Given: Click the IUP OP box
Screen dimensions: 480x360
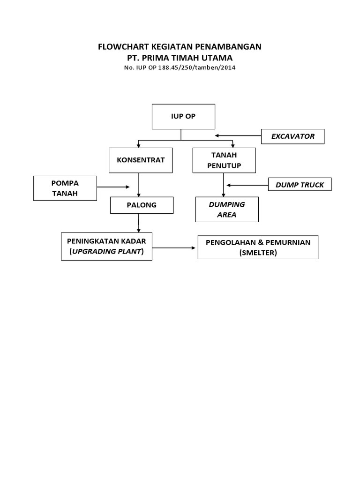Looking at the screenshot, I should point(183,117).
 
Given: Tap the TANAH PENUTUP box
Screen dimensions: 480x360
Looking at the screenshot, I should point(224,161).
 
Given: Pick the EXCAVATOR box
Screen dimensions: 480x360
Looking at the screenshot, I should point(293,136).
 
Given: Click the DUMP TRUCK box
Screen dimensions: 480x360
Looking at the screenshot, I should point(300,185).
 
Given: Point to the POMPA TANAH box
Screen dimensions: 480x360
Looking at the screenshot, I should point(65,187).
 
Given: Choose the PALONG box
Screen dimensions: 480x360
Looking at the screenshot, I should point(142,205).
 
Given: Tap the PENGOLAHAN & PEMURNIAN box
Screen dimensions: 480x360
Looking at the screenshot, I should point(258,247).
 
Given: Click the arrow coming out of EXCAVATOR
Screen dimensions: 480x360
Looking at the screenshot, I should point(238,136).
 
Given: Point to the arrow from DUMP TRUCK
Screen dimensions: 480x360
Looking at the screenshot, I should point(247,185).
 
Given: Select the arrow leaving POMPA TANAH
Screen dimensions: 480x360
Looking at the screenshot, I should point(112,187).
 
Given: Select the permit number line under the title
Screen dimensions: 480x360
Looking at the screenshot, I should point(180,67).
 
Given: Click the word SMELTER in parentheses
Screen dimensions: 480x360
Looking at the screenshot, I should point(258,253).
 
